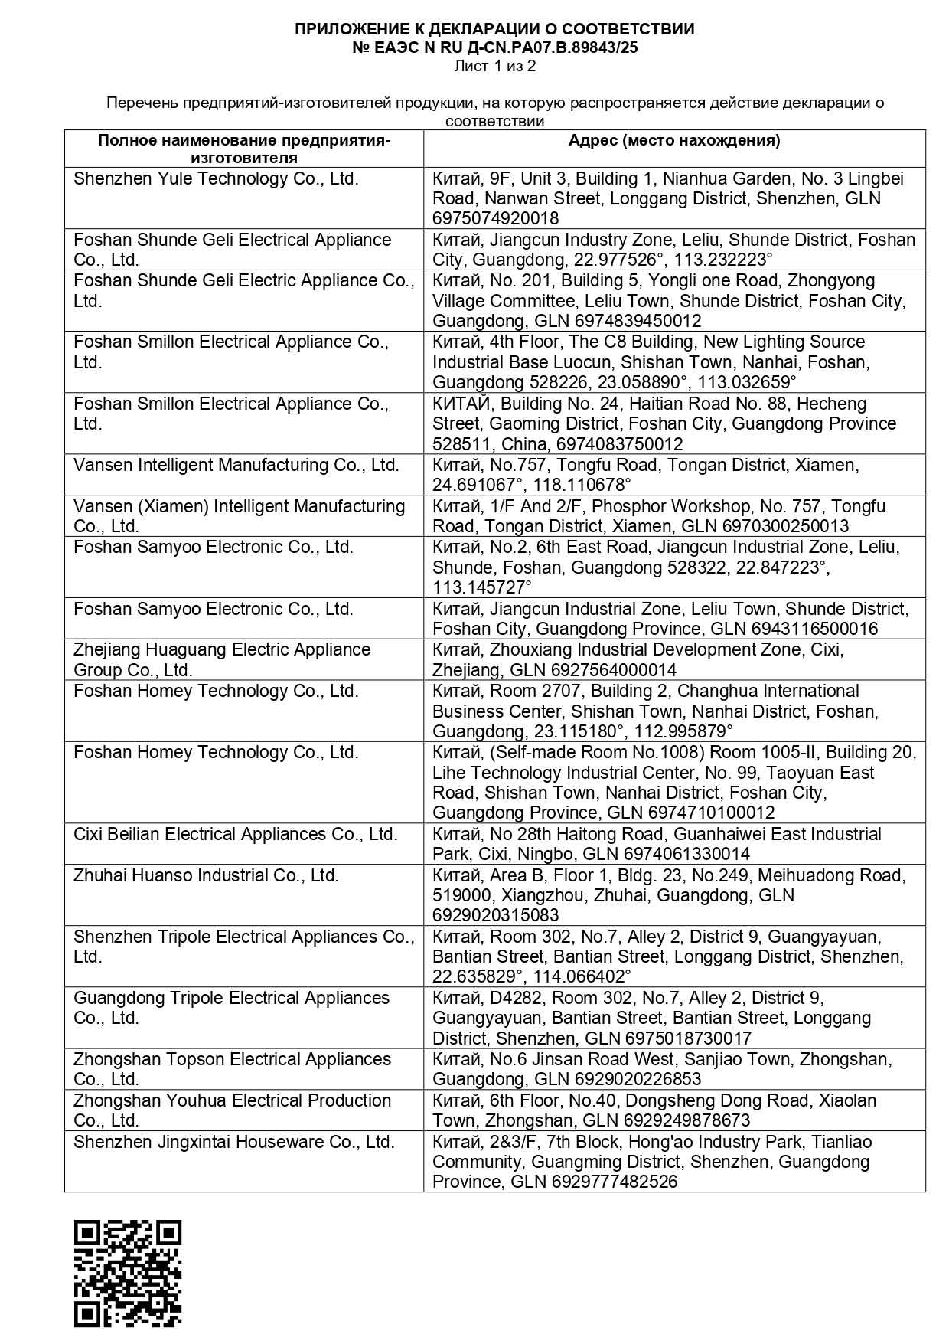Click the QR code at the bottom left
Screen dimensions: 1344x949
point(127,1273)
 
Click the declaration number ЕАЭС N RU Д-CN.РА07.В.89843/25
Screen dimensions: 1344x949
point(494,47)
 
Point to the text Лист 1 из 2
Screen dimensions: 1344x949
point(494,66)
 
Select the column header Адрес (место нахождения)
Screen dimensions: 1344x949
point(673,140)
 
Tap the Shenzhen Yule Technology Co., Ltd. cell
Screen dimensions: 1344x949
point(216,179)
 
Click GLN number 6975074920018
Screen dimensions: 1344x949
point(495,218)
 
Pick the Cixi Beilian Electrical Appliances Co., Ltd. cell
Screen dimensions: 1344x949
point(236,834)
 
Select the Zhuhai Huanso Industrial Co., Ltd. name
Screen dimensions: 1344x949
point(206,875)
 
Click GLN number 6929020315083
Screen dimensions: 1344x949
point(495,915)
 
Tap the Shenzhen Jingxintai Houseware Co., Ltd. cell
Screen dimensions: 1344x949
point(233,1142)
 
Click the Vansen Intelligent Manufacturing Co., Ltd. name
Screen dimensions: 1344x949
point(236,465)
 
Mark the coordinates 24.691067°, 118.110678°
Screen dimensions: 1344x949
point(531,485)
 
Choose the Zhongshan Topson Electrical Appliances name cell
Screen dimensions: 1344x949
point(232,1069)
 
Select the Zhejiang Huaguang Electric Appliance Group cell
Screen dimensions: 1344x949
point(222,659)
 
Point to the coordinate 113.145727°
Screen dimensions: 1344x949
point(481,587)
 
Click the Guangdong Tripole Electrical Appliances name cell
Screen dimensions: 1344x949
point(231,1008)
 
